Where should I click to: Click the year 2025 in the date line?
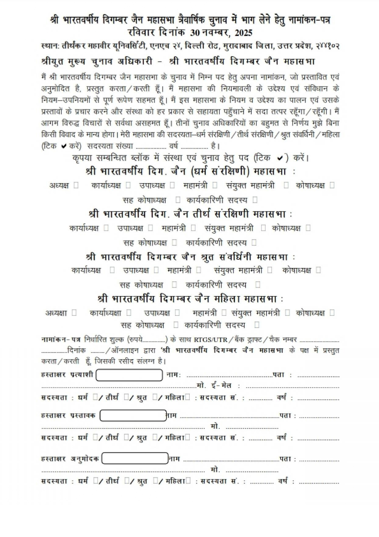(x=242, y=33)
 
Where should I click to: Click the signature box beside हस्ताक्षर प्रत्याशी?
(x=129, y=375)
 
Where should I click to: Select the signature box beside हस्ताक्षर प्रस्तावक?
(x=133, y=416)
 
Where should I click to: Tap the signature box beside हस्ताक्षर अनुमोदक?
(x=135, y=458)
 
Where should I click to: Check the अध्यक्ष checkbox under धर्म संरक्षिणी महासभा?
(x=76, y=185)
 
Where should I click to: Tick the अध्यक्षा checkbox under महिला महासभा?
(x=74, y=313)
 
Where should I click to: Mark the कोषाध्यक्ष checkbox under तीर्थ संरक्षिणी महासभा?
(x=308, y=228)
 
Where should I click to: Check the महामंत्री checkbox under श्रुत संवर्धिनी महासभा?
(x=199, y=270)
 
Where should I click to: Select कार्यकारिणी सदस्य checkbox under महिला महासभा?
(x=257, y=325)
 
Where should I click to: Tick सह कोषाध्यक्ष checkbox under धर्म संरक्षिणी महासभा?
(x=178, y=200)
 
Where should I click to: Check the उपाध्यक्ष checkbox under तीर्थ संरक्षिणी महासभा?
(x=150, y=228)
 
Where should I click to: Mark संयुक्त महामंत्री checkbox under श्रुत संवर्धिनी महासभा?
(x=270, y=270)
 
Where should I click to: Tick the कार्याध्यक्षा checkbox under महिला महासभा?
(x=129, y=313)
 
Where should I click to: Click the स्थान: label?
(x=50, y=46)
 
